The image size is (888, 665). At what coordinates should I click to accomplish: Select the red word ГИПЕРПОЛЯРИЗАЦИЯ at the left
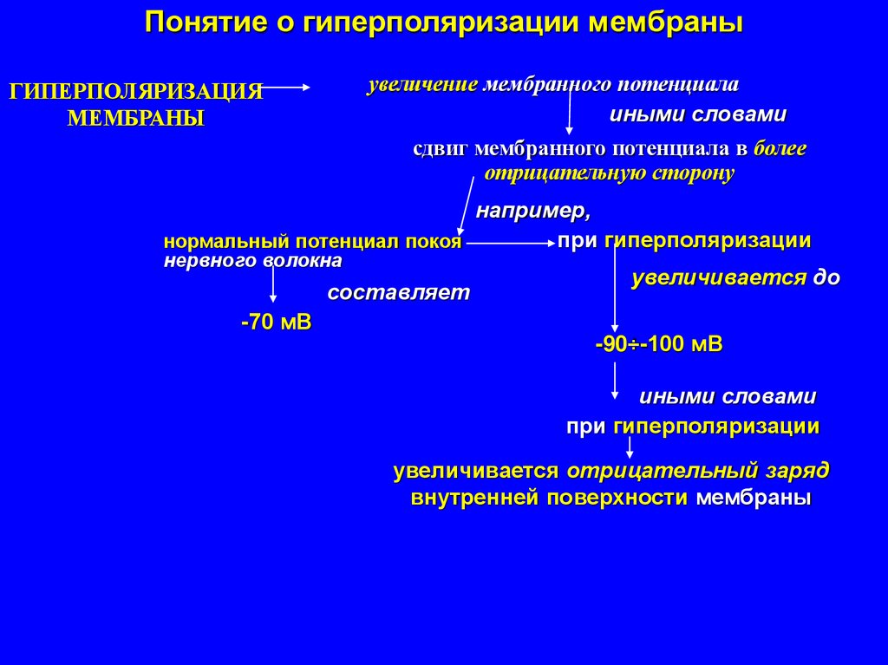pyautogui.click(x=135, y=93)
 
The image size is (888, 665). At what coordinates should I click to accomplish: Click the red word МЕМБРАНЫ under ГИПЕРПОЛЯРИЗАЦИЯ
pyautogui.click(x=136, y=118)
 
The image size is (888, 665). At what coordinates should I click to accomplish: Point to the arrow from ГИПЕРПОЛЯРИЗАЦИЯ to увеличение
pyautogui.click(x=286, y=87)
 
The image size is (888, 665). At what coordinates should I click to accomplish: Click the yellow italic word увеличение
pyautogui.click(x=422, y=86)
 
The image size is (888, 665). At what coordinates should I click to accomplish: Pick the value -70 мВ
pyautogui.click(x=276, y=323)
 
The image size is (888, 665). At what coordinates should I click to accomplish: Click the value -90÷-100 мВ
pyautogui.click(x=659, y=344)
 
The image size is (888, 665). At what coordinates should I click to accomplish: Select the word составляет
pyautogui.click(x=398, y=292)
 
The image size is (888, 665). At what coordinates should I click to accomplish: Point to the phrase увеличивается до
pyautogui.click(x=735, y=279)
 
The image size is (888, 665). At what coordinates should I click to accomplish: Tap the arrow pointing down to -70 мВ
pyautogui.click(x=274, y=287)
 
